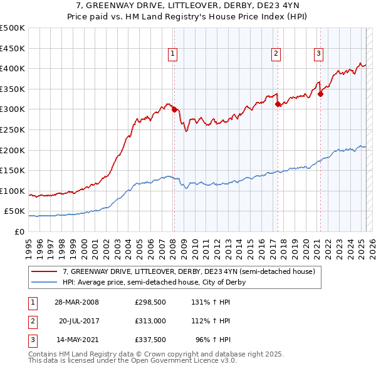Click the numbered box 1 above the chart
(172, 54)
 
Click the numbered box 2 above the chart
(276, 54)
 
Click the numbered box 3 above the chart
(318, 54)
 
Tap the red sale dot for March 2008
(174, 109)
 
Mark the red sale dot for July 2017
(278, 104)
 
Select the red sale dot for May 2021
(320, 94)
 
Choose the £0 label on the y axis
(19, 231)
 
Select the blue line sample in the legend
(44, 282)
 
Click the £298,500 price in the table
(150, 301)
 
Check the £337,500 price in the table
(150, 340)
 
